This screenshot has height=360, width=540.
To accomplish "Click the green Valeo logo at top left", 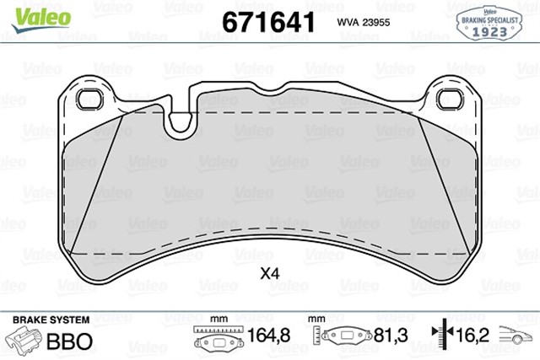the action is [x=41, y=20].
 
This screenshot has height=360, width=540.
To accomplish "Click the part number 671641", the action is [x=268, y=22].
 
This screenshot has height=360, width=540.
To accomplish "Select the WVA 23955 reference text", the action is [x=364, y=23].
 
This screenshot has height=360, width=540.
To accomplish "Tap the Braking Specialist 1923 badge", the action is [x=489, y=24].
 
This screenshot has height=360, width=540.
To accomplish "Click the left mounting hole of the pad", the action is [x=89, y=99].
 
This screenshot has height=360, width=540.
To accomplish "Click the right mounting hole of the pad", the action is [x=450, y=99].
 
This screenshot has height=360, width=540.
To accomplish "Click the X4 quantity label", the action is [x=270, y=274].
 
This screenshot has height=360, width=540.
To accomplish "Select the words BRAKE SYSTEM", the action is [x=51, y=320].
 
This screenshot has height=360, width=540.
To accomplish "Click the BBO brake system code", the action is [x=69, y=341].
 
